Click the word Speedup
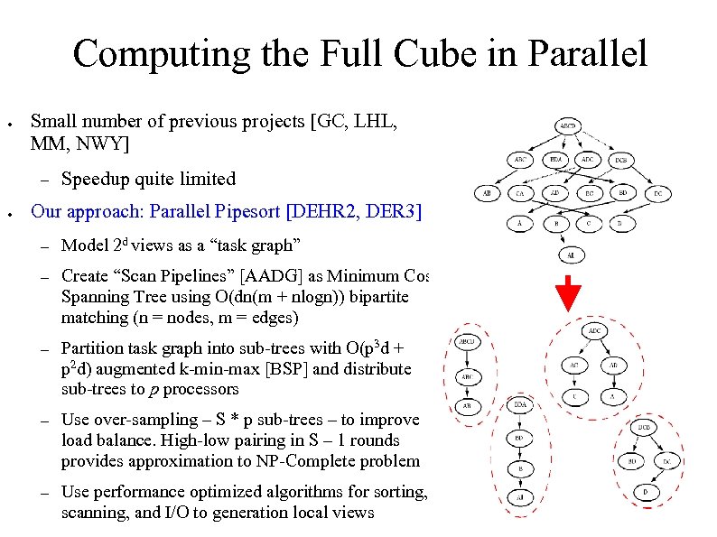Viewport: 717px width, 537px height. click(x=93, y=179)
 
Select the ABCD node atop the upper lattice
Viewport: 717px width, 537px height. click(x=568, y=125)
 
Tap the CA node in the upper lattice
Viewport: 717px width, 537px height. click(x=519, y=193)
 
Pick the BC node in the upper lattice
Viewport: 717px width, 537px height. click(x=590, y=193)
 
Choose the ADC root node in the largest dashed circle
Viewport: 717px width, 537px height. click(x=596, y=331)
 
